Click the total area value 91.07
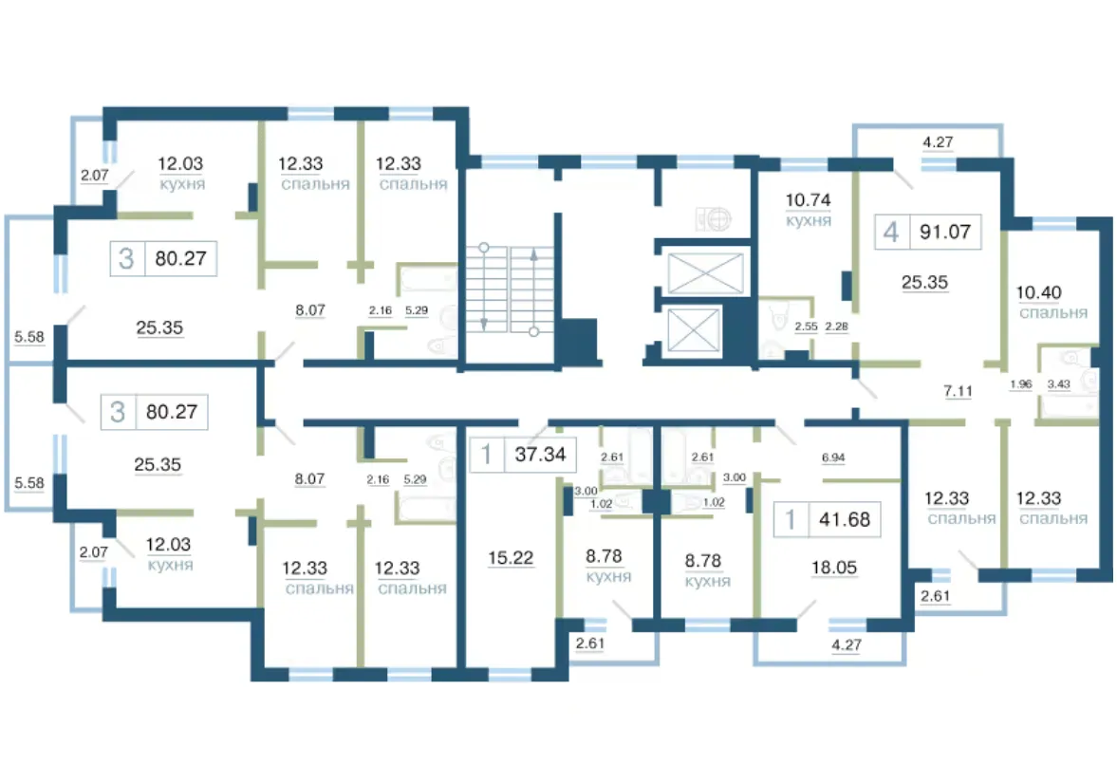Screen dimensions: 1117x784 pyautogui.click(x=944, y=232)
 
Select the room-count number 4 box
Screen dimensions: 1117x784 pyautogui.click(x=892, y=232)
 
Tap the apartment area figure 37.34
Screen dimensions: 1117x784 pyautogui.click(x=540, y=454)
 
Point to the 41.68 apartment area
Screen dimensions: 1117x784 pyautogui.click(x=845, y=519)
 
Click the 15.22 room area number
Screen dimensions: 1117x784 pyautogui.click(x=511, y=557)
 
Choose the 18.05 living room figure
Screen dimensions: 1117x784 pyautogui.click(x=834, y=568)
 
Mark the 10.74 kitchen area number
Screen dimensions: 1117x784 pyautogui.click(x=808, y=200)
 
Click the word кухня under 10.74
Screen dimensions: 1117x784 pyautogui.click(x=809, y=221)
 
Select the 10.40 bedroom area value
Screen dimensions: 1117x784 pyautogui.click(x=1038, y=292)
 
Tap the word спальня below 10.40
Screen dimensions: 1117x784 pyautogui.click(x=1052, y=313)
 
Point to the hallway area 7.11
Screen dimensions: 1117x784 pyautogui.click(x=958, y=390)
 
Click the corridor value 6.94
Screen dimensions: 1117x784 pyautogui.click(x=832, y=457)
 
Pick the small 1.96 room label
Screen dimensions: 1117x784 pyautogui.click(x=1021, y=383)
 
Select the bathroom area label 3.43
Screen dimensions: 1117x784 pyautogui.click(x=1058, y=383)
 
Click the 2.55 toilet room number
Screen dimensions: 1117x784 pyautogui.click(x=806, y=327)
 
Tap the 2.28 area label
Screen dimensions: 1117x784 pyautogui.click(x=836, y=327)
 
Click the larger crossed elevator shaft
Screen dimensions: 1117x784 pyautogui.click(x=705, y=272)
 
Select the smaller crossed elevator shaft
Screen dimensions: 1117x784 pyautogui.click(x=693, y=330)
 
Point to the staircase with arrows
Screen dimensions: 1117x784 pyautogui.click(x=510, y=289)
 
